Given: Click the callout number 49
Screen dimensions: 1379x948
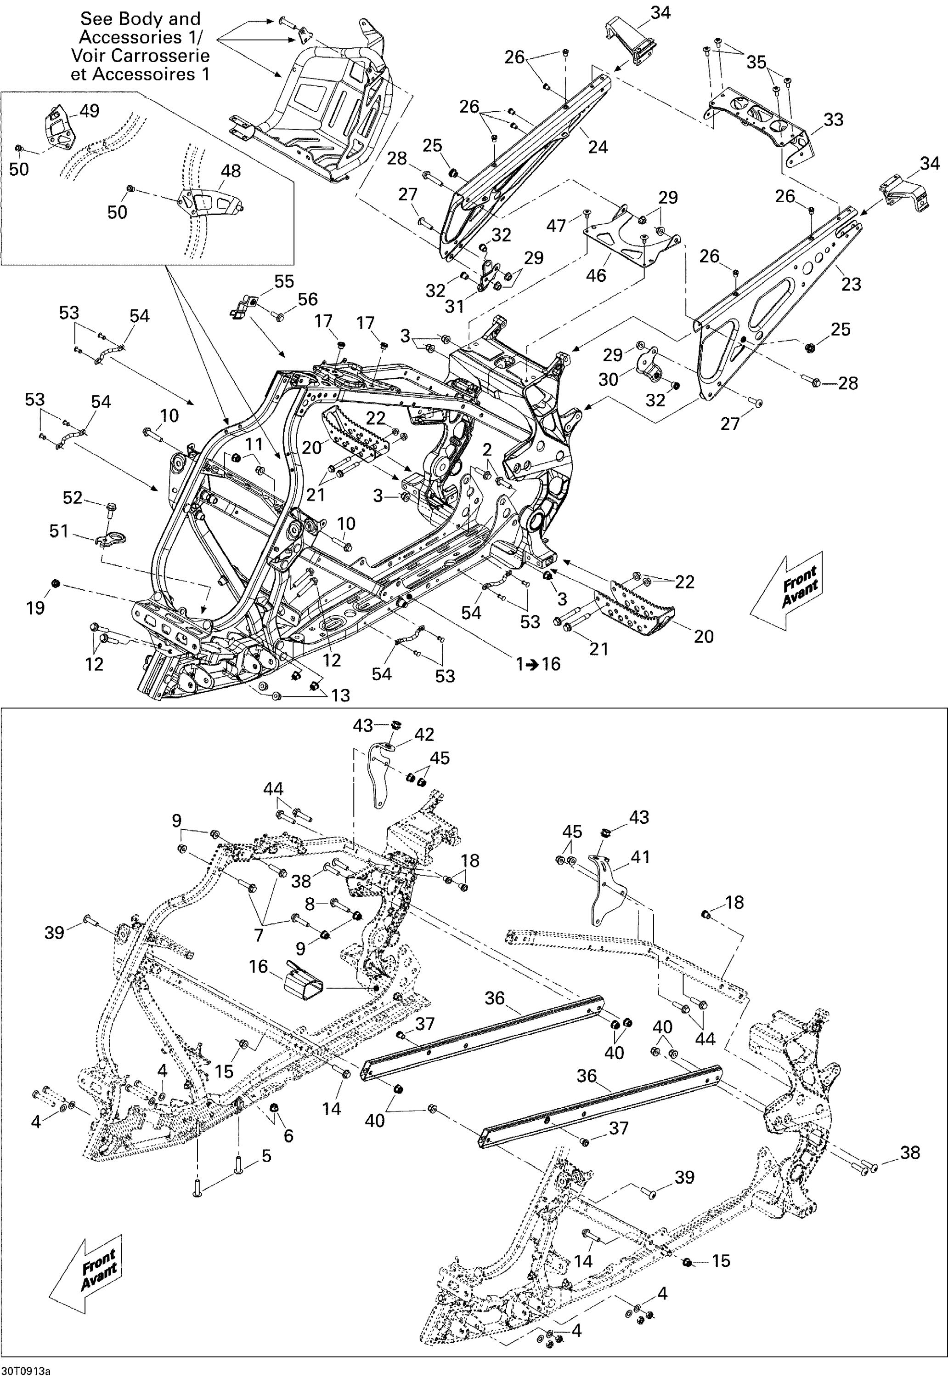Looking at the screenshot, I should (90, 111).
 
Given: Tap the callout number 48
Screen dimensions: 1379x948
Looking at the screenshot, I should (231, 171).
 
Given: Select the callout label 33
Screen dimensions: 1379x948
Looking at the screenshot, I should (833, 120).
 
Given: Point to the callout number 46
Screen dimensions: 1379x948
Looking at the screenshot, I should (596, 275).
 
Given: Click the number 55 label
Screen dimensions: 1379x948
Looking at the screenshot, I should (284, 281).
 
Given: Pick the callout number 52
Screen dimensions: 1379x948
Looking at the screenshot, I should (73, 497).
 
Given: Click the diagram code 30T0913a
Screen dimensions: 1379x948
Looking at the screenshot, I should (26, 1371).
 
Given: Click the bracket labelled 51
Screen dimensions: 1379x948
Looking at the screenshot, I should (111, 540).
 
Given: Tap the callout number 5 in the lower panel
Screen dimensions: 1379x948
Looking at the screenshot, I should (266, 1156).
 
